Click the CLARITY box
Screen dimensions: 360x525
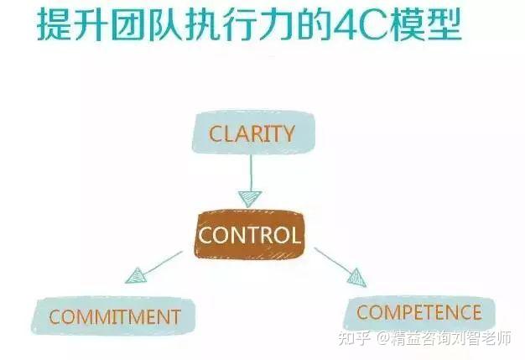[x=251, y=133]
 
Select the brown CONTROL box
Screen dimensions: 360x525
[x=249, y=233]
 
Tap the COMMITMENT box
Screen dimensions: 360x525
[x=115, y=316]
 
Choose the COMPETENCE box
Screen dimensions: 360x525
[x=418, y=313]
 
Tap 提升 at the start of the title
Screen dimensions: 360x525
[x=72, y=24]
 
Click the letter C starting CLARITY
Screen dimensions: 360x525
[x=215, y=133]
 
